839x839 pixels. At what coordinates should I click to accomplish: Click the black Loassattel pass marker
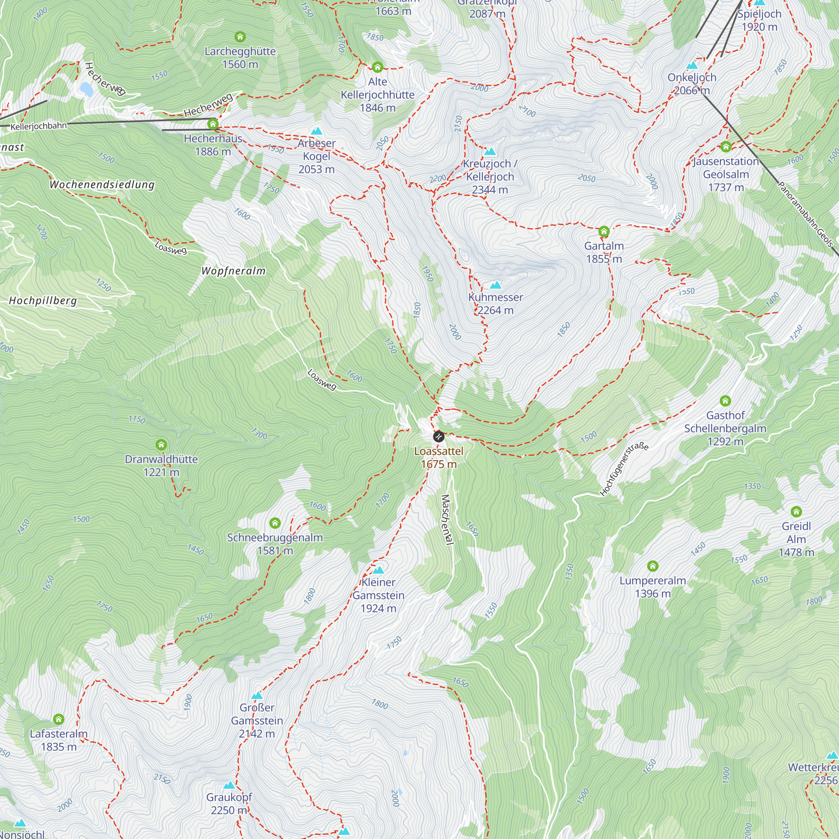(439, 436)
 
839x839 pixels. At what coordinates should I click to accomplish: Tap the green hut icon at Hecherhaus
(213, 124)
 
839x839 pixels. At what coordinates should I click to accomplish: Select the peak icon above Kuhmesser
(495, 285)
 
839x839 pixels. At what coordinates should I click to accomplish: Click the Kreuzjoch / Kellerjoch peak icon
(490, 151)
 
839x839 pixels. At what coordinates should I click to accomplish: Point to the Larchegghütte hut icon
(240, 37)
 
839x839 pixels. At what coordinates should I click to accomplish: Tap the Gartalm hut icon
(604, 232)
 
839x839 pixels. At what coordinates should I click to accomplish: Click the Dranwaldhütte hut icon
(161, 445)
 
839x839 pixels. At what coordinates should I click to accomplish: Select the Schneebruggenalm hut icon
(275, 523)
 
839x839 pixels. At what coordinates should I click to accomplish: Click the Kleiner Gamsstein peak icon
(378, 570)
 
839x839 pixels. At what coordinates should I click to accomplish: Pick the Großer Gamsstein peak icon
(257, 695)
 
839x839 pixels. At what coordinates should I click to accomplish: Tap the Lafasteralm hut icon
(59, 719)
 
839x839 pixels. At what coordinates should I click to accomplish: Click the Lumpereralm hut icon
(653, 566)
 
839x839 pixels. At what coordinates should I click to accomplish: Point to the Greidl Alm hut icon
(796, 511)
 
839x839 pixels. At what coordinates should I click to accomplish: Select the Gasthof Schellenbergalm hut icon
(725, 401)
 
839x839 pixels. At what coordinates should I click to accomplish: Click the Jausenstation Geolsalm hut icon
(726, 147)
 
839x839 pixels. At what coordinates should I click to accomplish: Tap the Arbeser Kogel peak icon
(317, 131)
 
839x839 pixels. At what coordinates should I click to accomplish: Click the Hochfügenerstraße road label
(624, 469)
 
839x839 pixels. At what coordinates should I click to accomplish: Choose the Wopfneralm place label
(233, 271)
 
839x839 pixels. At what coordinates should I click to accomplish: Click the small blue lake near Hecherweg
(86, 89)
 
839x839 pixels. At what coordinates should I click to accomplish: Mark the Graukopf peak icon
(229, 785)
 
